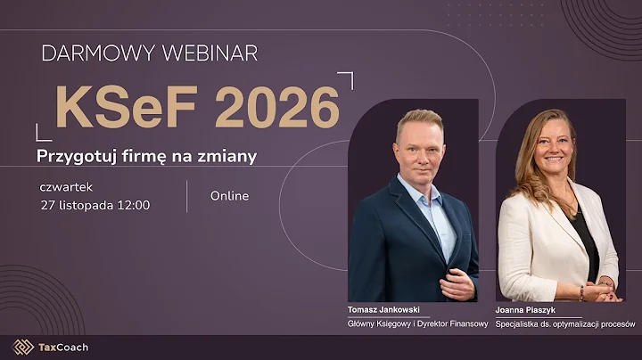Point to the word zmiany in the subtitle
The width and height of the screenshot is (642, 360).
(228, 156)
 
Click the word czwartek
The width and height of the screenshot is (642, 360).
(66, 187)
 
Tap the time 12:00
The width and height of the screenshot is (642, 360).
(131, 205)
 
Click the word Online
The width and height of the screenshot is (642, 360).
(229, 196)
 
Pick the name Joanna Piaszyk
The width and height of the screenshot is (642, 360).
(528, 310)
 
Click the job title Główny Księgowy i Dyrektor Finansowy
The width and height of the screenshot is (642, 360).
(417, 324)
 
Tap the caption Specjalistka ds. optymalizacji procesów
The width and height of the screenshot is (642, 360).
(565, 324)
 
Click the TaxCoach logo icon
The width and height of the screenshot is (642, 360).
(22, 347)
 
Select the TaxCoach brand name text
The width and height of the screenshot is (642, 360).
(63, 347)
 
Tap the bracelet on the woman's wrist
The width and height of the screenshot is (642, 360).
(581, 291)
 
